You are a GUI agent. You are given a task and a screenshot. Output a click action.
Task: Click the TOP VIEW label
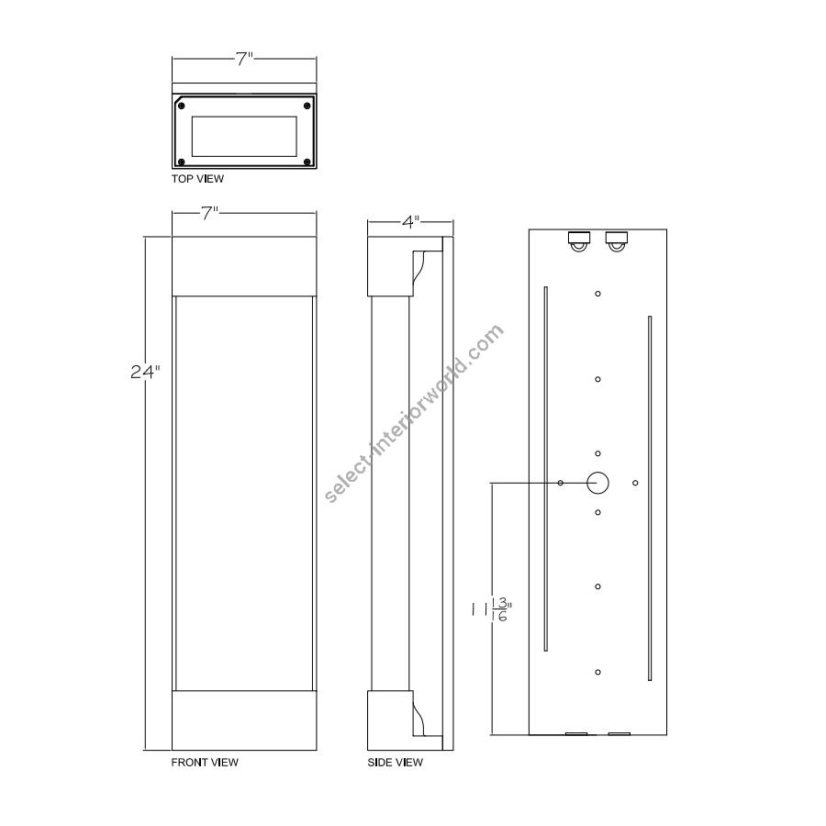(197, 179)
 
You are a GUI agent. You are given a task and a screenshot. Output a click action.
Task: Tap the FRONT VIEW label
(205, 763)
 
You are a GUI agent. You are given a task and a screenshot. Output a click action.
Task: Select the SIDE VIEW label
(395, 763)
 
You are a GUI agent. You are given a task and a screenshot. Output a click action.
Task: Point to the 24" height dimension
(145, 372)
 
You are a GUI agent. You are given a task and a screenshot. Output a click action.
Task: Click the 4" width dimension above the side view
(410, 222)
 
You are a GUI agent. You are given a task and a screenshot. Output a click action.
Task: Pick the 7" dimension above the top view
(244, 59)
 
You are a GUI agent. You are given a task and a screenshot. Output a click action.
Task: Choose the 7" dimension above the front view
(209, 213)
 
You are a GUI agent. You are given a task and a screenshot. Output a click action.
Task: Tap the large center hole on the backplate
(597, 483)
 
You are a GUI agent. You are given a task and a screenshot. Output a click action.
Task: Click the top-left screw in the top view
(181, 106)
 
